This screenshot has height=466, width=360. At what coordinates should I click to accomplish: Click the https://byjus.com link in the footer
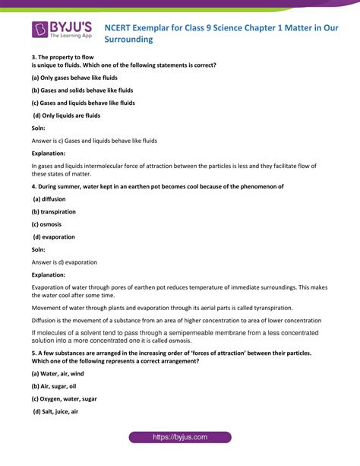click(179, 438)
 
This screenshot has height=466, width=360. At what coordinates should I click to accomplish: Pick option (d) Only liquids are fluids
click(67, 115)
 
